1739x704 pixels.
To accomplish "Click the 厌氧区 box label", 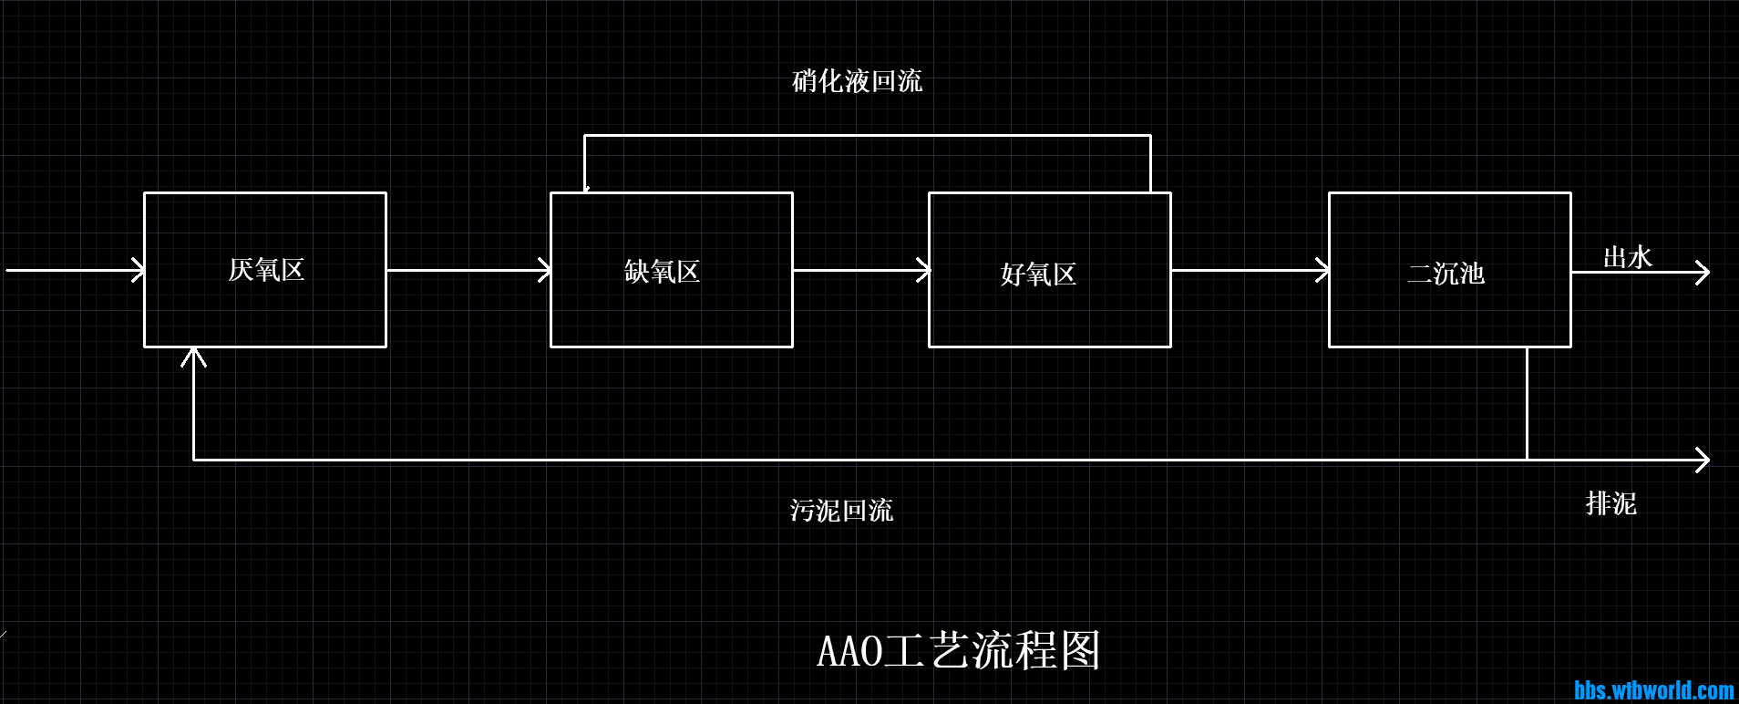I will tap(265, 270).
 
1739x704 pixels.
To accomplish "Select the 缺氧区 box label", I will tap(662, 272).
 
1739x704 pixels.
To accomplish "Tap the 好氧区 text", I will tap(1038, 274).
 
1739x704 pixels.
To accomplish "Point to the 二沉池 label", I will tap(1446, 274).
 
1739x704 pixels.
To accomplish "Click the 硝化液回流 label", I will tap(857, 81).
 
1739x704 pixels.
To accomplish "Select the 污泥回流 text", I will tap(841, 510).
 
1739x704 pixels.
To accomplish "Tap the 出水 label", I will tap(1627, 257).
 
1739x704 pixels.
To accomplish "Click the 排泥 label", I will tap(1610, 503).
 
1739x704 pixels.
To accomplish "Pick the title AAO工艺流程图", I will tap(959, 651).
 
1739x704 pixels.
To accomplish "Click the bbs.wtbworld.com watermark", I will tap(1653, 690).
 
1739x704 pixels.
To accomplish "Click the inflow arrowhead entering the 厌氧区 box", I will tap(139, 270).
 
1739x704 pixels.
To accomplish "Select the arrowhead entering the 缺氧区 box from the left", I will tap(545, 270).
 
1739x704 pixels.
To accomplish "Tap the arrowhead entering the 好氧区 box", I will tap(923, 270).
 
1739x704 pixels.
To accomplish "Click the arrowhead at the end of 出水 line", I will tap(1703, 272).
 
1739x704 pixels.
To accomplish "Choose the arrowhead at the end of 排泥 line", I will tap(1703, 460).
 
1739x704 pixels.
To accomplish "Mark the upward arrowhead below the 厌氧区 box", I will tap(193, 356).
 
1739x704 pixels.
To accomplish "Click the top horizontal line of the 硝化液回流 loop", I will tap(866, 136).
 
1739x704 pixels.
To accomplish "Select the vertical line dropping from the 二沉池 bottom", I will tap(1527, 401).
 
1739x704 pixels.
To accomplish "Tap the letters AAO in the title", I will tap(849, 651).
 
